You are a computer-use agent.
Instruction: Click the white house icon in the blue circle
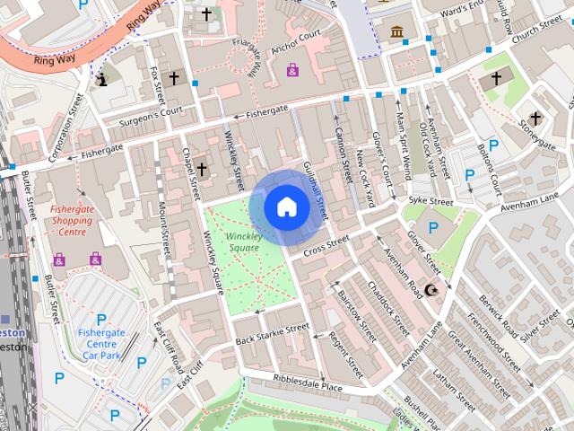coord(286,207)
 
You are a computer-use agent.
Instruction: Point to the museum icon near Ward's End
coord(396,33)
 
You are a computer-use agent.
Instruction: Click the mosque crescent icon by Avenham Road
coord(434,289)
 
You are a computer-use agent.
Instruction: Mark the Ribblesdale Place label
coord(308,385)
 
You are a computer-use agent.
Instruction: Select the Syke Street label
coord(430,200)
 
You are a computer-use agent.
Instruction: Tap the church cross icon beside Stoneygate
coord(535,118)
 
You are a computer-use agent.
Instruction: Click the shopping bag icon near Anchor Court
coord(292,68)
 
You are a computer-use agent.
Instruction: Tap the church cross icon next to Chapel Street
coord(202,168)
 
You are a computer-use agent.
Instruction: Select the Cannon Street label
coord(341,153)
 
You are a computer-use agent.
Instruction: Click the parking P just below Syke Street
coord(433,227)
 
